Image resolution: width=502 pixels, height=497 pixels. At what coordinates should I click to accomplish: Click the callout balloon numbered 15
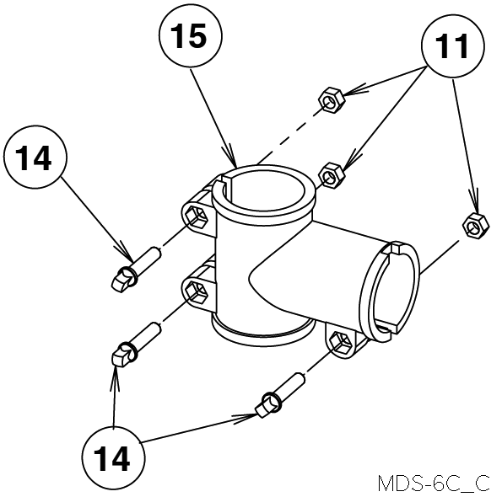tap(191, 35)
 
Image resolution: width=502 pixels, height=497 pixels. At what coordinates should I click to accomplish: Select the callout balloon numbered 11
tap(453, 46)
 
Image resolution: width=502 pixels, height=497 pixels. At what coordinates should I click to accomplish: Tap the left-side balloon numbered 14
tap(35, 157)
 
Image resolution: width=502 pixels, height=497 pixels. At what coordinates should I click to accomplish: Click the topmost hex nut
tap(332, 99)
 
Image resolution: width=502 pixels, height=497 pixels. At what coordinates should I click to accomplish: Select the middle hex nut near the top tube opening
tap(332, 175)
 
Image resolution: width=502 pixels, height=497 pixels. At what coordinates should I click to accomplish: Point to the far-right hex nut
tap(476, 226)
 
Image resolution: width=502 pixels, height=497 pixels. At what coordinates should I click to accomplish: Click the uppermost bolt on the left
tap(135, 269)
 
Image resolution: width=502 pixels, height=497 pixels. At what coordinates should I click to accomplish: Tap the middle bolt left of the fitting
tap(135, 345)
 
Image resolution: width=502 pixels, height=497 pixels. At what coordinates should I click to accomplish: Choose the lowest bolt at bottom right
tap(279, 395)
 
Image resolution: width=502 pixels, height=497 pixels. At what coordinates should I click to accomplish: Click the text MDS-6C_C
tap(434, 484)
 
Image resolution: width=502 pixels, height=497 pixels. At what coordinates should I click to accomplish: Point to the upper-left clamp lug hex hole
tap(197, 217)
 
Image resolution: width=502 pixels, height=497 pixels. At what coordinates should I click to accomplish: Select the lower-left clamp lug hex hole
tap(197, 291)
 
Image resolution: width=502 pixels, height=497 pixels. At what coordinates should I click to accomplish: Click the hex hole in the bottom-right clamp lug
tap(341, 343)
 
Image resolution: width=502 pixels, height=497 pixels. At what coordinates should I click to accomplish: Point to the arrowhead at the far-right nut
tap(475, 203)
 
